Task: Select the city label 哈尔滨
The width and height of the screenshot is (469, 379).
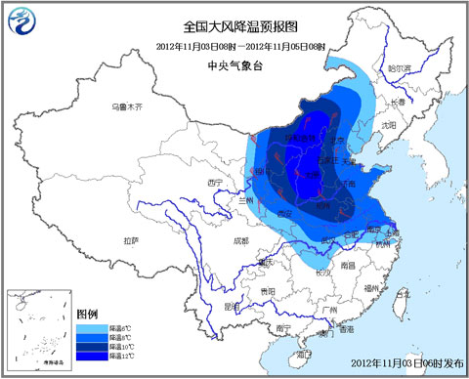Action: point(401,69)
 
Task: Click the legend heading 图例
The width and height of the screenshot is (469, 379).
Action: point(87,311)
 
